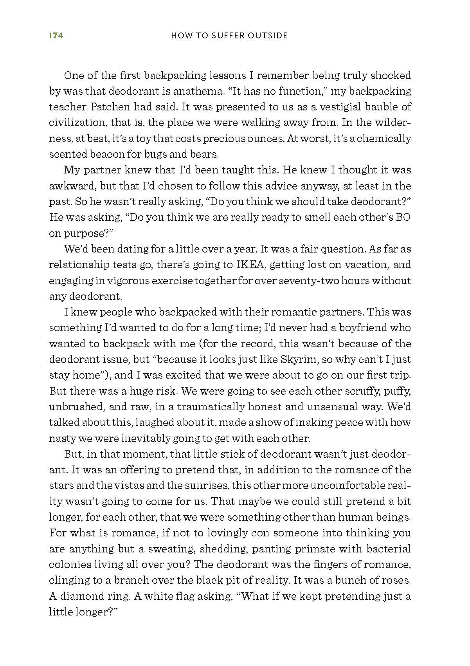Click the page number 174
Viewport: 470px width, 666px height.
(56, 36)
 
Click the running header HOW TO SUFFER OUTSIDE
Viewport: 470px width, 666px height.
(230, 36)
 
